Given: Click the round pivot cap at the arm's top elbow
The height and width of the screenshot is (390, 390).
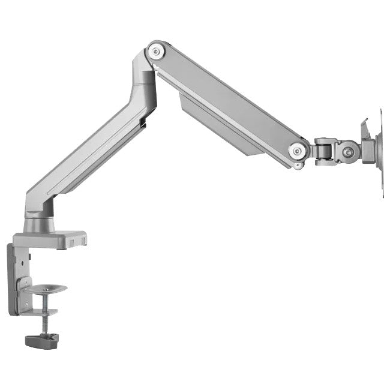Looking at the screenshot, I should click(x=157, y=51).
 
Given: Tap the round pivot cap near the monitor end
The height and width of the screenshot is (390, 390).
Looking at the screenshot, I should click(x=296, y=151).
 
